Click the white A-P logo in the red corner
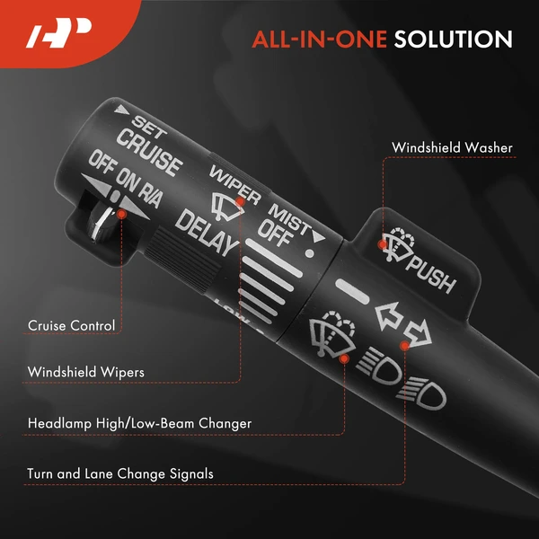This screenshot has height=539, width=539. point(58,32)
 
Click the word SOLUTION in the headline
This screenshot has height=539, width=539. point(453,39)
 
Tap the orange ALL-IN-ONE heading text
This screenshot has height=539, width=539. point(319,39)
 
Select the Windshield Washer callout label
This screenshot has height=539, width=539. point(452,147)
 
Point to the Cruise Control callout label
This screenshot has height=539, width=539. point(71,325)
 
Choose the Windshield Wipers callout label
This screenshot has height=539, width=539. point(86,372)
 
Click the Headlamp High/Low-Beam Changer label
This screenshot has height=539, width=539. point(139,423)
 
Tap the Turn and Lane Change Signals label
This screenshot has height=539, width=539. point(120,473)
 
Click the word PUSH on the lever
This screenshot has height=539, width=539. point(431,276)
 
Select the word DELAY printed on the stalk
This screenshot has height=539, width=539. point(207,233)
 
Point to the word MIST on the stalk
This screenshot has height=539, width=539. point(289,218)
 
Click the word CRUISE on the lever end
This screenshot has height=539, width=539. point(149,153)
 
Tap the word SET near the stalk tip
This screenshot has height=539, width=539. point(149,127)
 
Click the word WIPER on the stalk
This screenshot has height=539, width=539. point(235,184)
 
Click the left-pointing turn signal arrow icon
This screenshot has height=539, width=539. point(389,316)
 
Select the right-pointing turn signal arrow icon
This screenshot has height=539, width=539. point(418,333)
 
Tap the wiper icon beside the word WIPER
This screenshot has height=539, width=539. point(227,207)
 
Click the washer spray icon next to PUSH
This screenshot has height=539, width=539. point(398,243)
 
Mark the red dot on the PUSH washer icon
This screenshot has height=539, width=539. point(383,244)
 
